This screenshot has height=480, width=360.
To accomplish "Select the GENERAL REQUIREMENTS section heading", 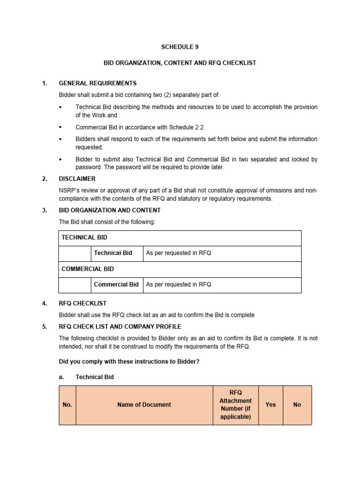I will point(97,83).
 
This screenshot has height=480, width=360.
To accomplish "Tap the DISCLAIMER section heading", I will point(77,179).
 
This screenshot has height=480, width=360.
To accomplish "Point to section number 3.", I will point(45,210).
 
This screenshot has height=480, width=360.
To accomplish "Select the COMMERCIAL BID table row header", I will point(88,269).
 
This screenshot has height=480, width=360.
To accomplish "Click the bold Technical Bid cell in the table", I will point(113,253).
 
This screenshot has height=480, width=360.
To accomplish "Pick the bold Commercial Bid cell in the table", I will point(116,285).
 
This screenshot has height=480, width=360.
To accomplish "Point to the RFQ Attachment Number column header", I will point(235,405).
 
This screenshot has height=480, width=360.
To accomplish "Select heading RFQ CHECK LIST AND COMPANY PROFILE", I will point(120,326).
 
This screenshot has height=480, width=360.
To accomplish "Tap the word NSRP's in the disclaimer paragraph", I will point(69,190).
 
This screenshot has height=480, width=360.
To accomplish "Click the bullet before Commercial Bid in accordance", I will point(61,127).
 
